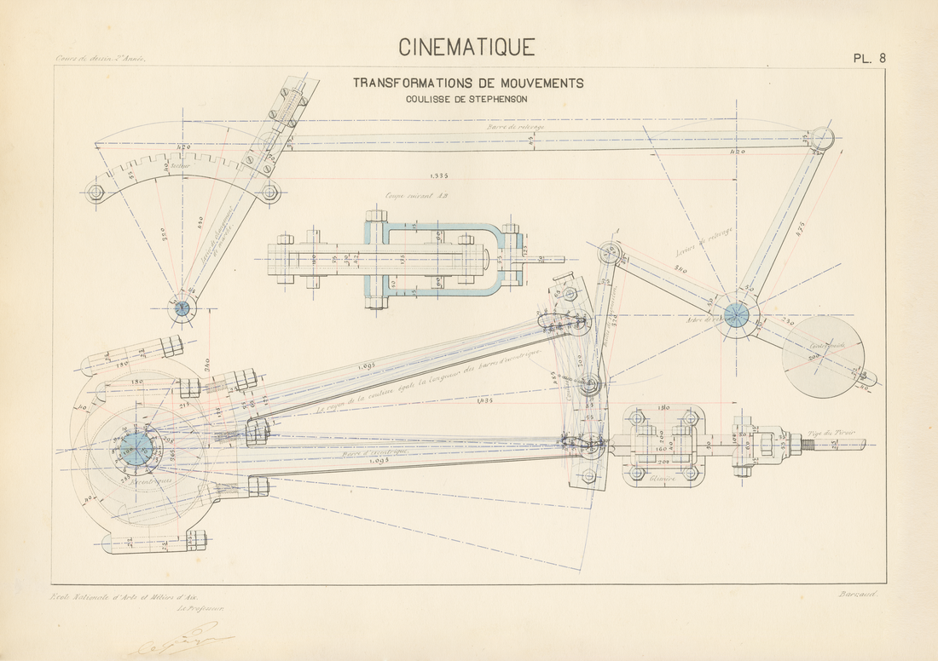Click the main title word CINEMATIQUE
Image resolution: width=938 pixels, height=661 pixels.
(468, 46)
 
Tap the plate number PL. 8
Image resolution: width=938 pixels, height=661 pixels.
(870, 58)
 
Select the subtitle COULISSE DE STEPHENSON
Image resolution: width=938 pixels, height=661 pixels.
(467, 98)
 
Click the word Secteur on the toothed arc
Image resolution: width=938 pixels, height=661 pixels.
(180, 166)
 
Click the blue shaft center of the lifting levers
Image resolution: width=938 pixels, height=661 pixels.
(736, 316)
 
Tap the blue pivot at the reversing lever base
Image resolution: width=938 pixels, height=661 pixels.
(182, 308)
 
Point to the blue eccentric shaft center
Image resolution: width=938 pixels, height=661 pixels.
(136, 449)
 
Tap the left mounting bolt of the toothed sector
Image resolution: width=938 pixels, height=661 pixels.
(96, 193)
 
